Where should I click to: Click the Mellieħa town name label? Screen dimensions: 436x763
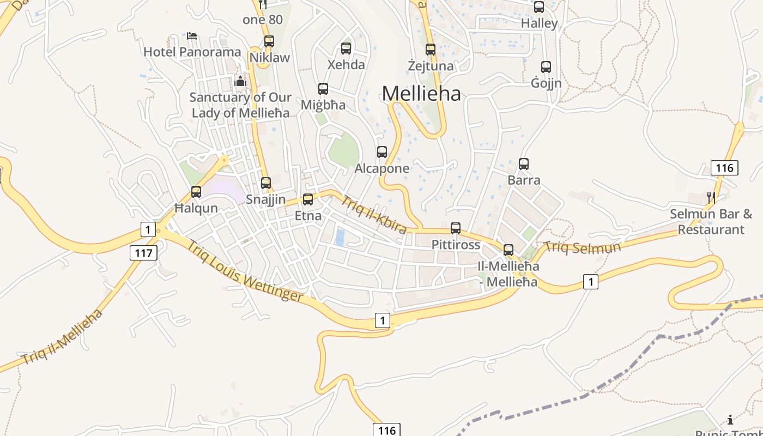[x=421, y=94]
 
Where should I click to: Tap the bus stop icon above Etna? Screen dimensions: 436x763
[x=308, y=199]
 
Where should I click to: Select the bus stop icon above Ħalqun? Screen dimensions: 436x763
[x=196, y=192]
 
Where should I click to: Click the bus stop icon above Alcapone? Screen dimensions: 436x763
[x=382, y=152]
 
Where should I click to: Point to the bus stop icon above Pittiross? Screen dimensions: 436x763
[x=456, y=228]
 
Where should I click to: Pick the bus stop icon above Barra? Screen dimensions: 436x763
[x=524, y=163]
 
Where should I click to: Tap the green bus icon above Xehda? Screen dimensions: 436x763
[x=346, y=48]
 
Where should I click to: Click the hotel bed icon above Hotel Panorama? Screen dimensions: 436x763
[x=192, y=36]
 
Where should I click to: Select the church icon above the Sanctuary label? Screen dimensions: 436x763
[x=240, y=82]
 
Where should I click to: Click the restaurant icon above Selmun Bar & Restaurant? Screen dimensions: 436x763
[x=711, y=197]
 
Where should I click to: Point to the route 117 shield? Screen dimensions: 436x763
[x=144, y=253]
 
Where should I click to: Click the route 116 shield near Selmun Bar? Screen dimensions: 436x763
[x=725, y=168]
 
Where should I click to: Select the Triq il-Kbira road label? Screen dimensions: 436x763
[x=374, y=215]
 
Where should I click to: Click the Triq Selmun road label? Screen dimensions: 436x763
[x=583, y=247]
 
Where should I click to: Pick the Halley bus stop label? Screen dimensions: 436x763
[x=539, y=23]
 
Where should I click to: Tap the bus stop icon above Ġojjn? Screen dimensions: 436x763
[x=546, y=67]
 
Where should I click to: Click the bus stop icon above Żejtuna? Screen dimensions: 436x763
[x=431, y=50]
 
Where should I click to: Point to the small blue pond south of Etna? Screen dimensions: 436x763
[x=340, y=238]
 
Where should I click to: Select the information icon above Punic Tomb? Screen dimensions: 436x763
[x=730, y=419]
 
